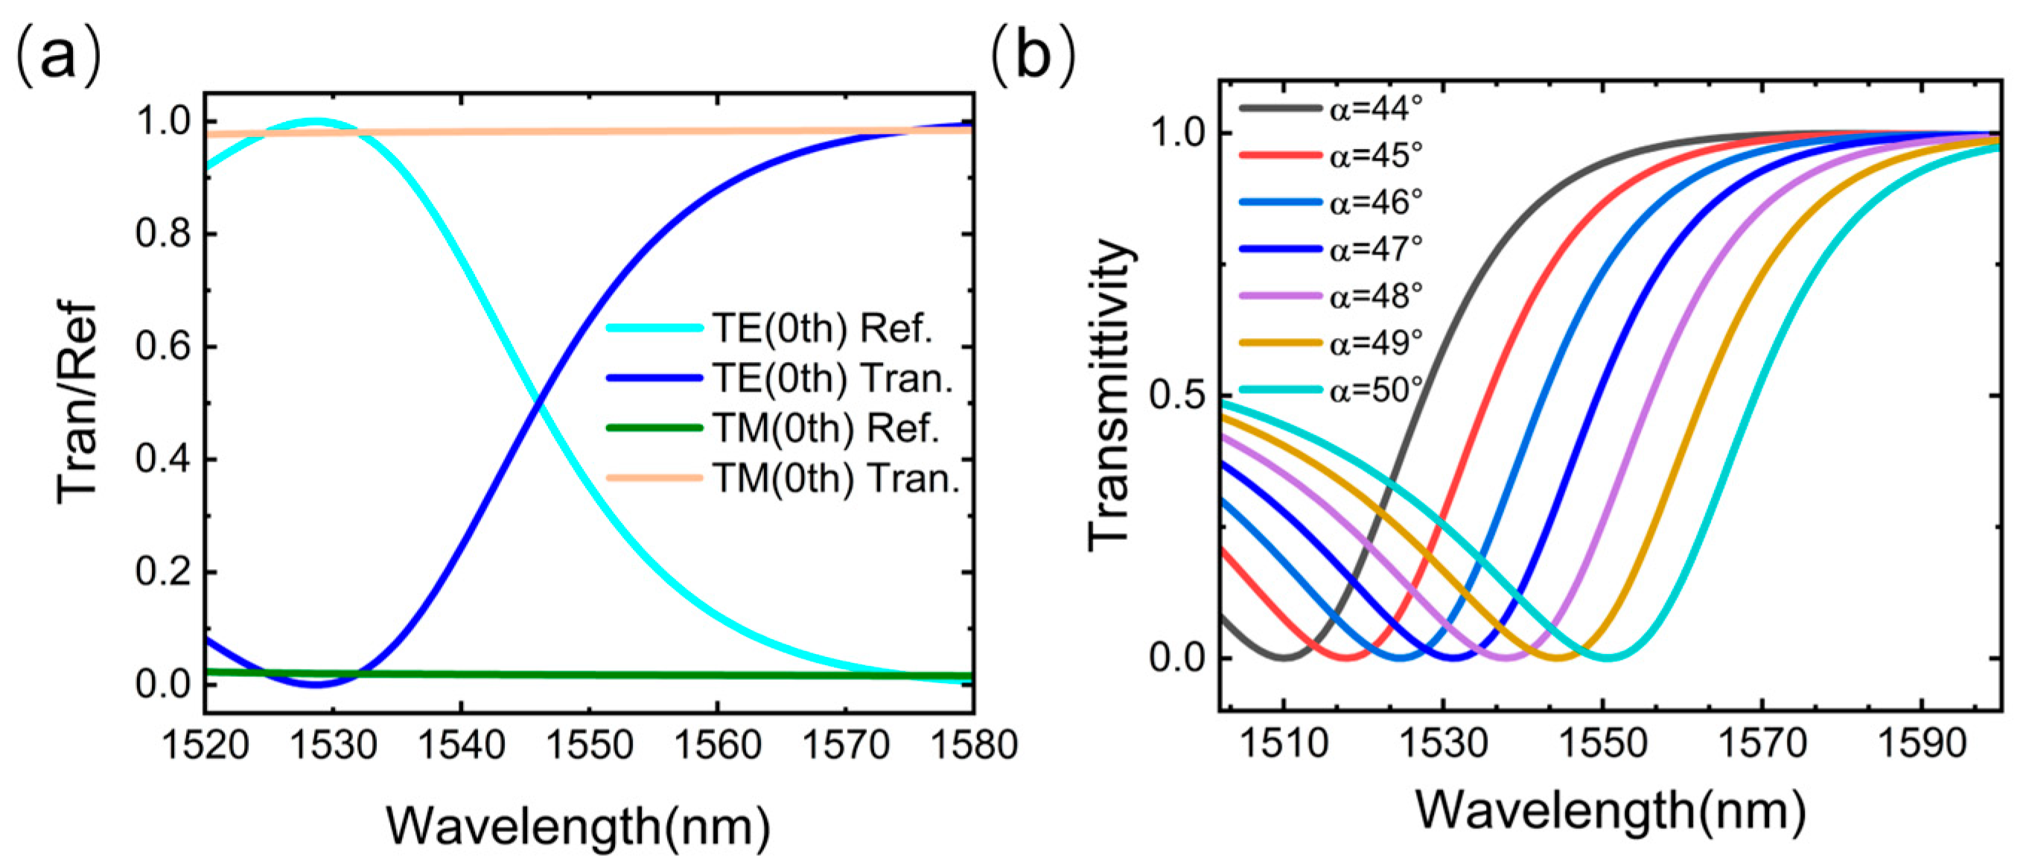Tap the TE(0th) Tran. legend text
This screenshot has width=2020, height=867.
(x=832, y=378)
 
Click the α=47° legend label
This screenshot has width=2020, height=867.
(x=1375, y=250)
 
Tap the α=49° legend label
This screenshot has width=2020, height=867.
(x=1375, y=343)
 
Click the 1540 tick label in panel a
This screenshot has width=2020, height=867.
(x=461, y=745)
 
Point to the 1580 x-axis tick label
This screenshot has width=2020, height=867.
(x=973, y=745)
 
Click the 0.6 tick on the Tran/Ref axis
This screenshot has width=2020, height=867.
(x=163, y=346)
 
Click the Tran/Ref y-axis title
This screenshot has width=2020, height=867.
(x=77, y=401)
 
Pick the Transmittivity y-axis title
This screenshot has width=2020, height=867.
(x=1110, y=396)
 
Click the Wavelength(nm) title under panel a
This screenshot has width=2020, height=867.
(x=579, y=826)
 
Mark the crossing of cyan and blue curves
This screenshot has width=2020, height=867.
(x=537, y=403)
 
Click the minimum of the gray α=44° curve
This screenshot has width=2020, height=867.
(x=1283, y=657)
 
